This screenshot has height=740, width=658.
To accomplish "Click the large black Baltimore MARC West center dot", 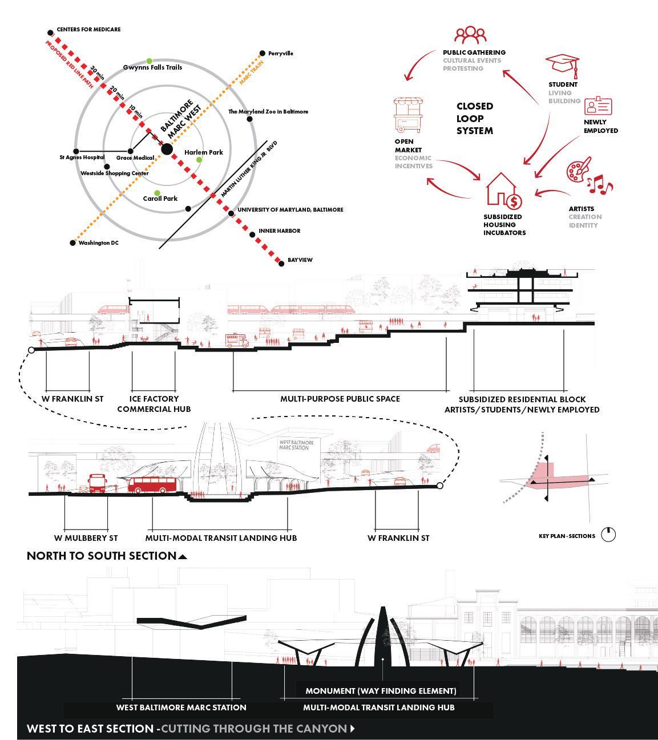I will tap(167, 149).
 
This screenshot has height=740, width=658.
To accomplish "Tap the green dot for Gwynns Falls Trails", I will tap(150, 61).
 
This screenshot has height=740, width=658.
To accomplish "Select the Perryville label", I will tap(280, 54).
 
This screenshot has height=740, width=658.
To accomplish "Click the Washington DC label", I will tap(98, 243).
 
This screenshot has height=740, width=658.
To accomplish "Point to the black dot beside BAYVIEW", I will tap(281, 263).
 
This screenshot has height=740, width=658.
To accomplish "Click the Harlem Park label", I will tap(203, 152).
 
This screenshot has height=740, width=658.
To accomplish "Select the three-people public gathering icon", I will tap(470, 35).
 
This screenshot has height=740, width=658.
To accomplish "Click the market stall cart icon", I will tap(407, 115).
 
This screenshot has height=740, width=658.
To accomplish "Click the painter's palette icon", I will tap(579, 171).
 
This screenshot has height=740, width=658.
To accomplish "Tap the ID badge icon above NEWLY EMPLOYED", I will tap(598, 106).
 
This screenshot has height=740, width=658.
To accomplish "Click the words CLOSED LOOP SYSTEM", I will tap(474, 119).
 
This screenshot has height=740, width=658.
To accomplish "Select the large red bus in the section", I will tap(152, 485).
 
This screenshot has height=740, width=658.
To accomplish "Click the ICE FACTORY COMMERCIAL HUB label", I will tap(154, 404).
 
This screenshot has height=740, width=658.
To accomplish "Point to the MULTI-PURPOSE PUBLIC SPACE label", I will tap(340, 399).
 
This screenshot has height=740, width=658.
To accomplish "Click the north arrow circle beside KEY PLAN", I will tap(608, 535).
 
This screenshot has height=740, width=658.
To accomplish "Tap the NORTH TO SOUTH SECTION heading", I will tap(102, 556).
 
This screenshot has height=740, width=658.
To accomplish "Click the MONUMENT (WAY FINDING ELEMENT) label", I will tap(381, 691).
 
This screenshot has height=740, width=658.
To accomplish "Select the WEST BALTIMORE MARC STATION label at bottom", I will tap(181, 707).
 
